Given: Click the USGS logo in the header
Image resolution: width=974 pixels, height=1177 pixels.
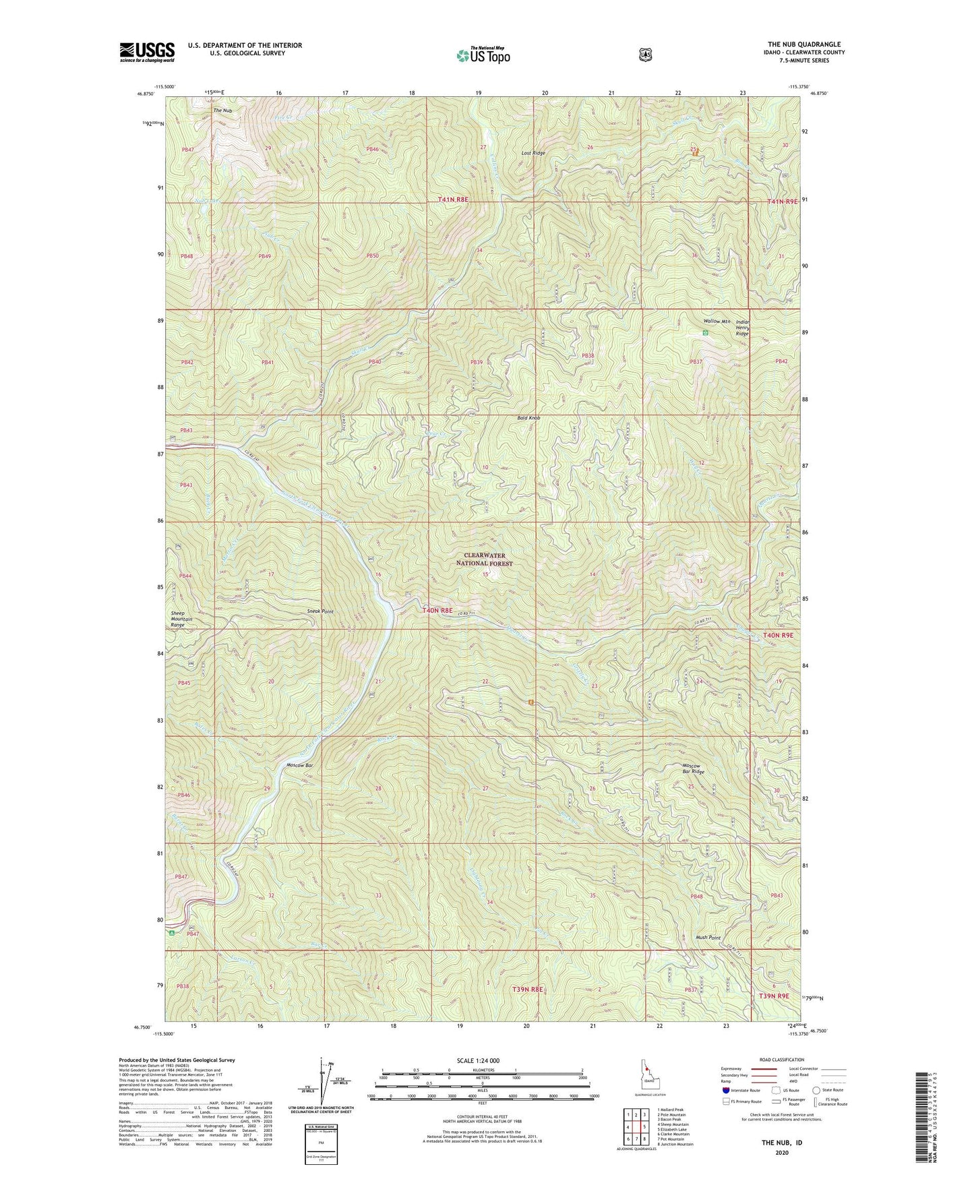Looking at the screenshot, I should click(x=147, y=52).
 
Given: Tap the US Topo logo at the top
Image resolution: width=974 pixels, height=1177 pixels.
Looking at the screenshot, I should click(x=482, y=55).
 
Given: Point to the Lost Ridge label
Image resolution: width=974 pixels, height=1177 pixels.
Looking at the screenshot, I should click(x=533, y=154).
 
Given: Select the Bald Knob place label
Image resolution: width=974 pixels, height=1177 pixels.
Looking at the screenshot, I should click(x=529, y=418).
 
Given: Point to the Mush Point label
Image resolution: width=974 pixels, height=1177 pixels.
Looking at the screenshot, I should click(x=708, y=938).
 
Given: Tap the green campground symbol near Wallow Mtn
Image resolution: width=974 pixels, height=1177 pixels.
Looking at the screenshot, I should click(x=705, y=332).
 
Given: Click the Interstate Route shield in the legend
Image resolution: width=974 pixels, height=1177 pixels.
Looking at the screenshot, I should click(x=725, y=1089).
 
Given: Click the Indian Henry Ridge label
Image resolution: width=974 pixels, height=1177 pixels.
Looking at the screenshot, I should click(x=742, y=328).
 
